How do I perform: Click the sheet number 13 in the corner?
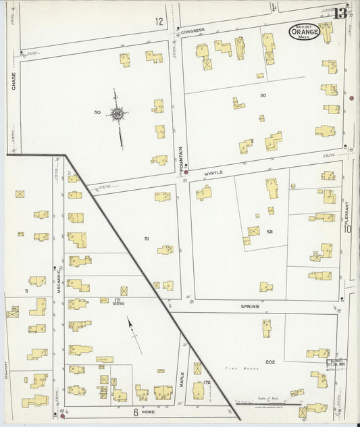click(340, 14)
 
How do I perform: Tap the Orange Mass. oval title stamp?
click(305, 31)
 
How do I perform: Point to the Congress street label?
click(192, 30)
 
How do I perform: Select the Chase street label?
click(13, 81)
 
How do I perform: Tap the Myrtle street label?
click(213, 173)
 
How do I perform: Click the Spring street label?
click(250, 306)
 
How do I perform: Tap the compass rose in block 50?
click(118, 116)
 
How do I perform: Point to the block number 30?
click(263, 96)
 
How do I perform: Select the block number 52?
click(269, 232)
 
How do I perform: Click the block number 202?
click(271, 362)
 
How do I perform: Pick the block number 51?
click(146, 238)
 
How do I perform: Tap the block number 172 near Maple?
click(207, 382)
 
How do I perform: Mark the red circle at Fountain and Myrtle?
click(186, 173)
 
